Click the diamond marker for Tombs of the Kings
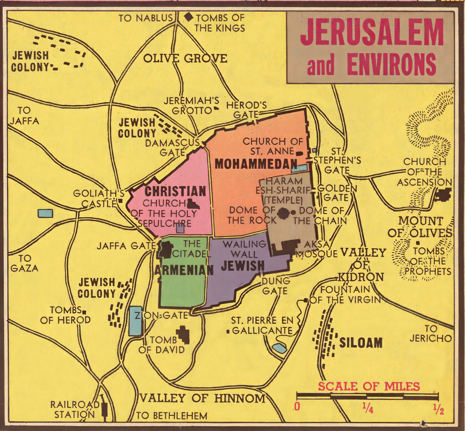(x=189, y=17)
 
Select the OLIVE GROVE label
(x=185, y=58)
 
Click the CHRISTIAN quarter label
(x=175, y=191)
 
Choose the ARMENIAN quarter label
(x=184, y=270)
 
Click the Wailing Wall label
(x=244, y=249)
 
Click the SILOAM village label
(x=361, y=343)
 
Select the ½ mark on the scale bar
(x=438, y=410)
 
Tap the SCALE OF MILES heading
(x=369, y=386)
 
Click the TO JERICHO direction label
(x=430, y=334)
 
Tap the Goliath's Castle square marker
(x=120, y=201)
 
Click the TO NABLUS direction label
(x=145, y=18)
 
